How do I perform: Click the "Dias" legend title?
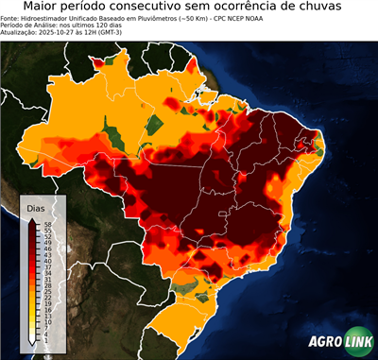[x=36, y=208]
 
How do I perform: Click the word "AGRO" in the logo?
[x=324, y=342]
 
